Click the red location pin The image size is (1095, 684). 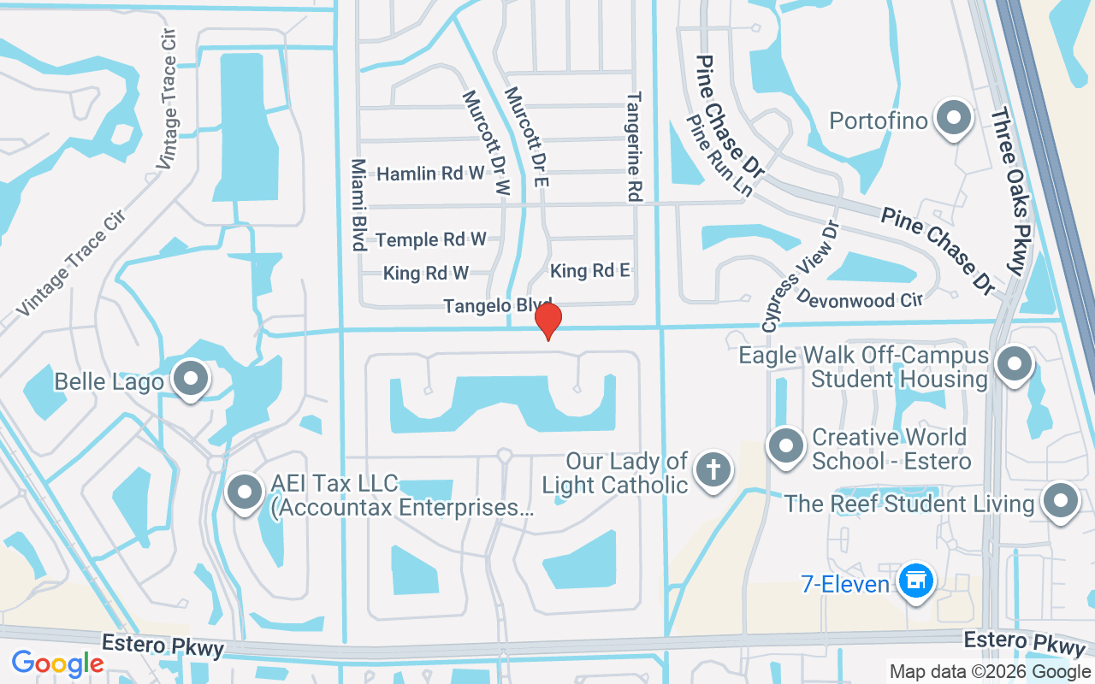coord(547,321)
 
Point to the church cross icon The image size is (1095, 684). coord(713,471)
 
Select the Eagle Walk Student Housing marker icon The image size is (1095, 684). coord(1015,364)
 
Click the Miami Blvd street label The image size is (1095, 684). coord(358,204)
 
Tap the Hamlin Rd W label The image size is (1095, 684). coord(430,174)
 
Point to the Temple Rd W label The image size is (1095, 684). coord(430,239)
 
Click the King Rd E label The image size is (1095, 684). coord(590,271)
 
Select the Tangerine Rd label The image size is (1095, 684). coord(634,147)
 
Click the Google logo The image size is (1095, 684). coord(57,663)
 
